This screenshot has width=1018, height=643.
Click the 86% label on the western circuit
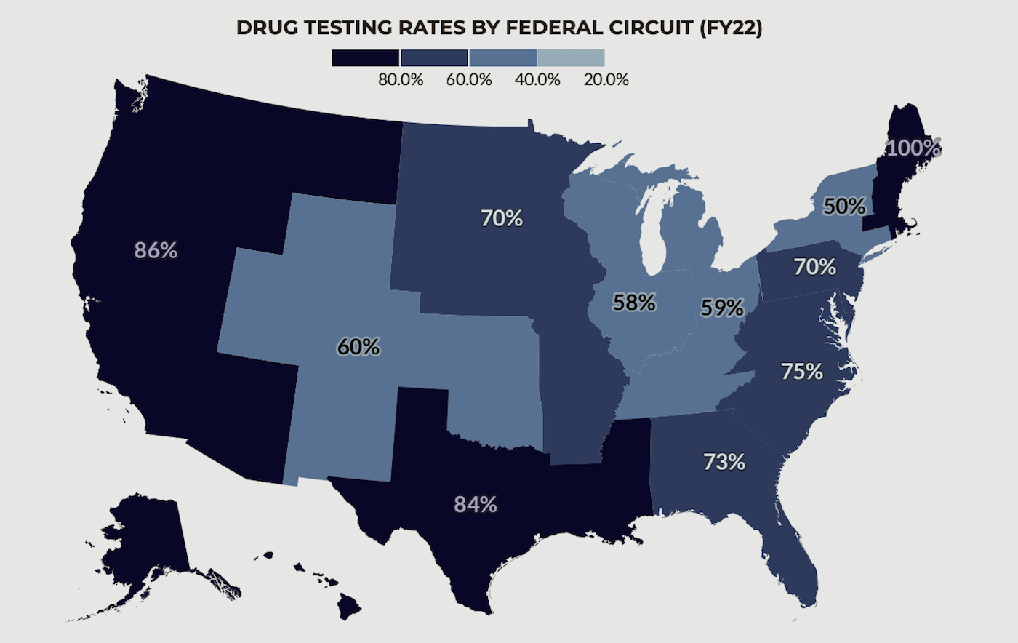pyautogui.click(x=156, y=251)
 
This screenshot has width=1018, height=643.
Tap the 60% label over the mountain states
pyautogui.click(x=358, y=347)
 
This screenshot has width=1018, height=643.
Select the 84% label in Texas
pyautogui.click(x=476, y=504)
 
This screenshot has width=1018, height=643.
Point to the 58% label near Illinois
pyautogui.click(x=634, y=303)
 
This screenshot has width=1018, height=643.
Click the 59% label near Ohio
pyautogui.click(x=722, y=308)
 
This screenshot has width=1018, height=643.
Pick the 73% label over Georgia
pyautogui.click(x=724, y=462)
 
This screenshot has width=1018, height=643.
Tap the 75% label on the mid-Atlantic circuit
pyautogui.click(x=802, y=372)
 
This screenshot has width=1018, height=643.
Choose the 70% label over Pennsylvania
pyautogui.click(x=814, y=268)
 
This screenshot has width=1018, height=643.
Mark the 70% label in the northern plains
pyautogui.click(x=502, y=218)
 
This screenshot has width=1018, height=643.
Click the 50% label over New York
pyautogui.click(x=844, y=207)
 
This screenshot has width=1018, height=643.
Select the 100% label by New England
pyautogui.click(x=914, y=148)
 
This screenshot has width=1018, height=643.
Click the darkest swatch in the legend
pyautogui.click(x=366, y=57)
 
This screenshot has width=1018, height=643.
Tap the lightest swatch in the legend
pyautogui.click(x=572, y=57)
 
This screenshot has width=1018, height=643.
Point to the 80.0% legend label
pyautogui.click(x=400, y=80)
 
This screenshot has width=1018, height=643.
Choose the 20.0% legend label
pyautogui.click(x=606, y=80)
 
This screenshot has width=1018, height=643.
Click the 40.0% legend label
pyautogui.click(x=537, y=80)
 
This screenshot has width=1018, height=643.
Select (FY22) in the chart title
pyautogui.click(x=729, y=28)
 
